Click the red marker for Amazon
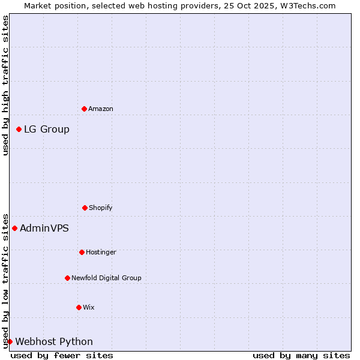84,109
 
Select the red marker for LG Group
19,129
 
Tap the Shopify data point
85,208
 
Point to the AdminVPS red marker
15,228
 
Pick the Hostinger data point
82,252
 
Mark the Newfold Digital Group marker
67,278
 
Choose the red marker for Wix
79,307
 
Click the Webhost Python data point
10,341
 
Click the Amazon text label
101,109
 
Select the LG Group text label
47,129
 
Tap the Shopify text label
101,208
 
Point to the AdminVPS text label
44,228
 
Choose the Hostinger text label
101,252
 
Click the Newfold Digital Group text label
106,278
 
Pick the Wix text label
89,307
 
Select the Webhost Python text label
54,341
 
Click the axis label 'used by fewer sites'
62,355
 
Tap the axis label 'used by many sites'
301,355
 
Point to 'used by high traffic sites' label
5,85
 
